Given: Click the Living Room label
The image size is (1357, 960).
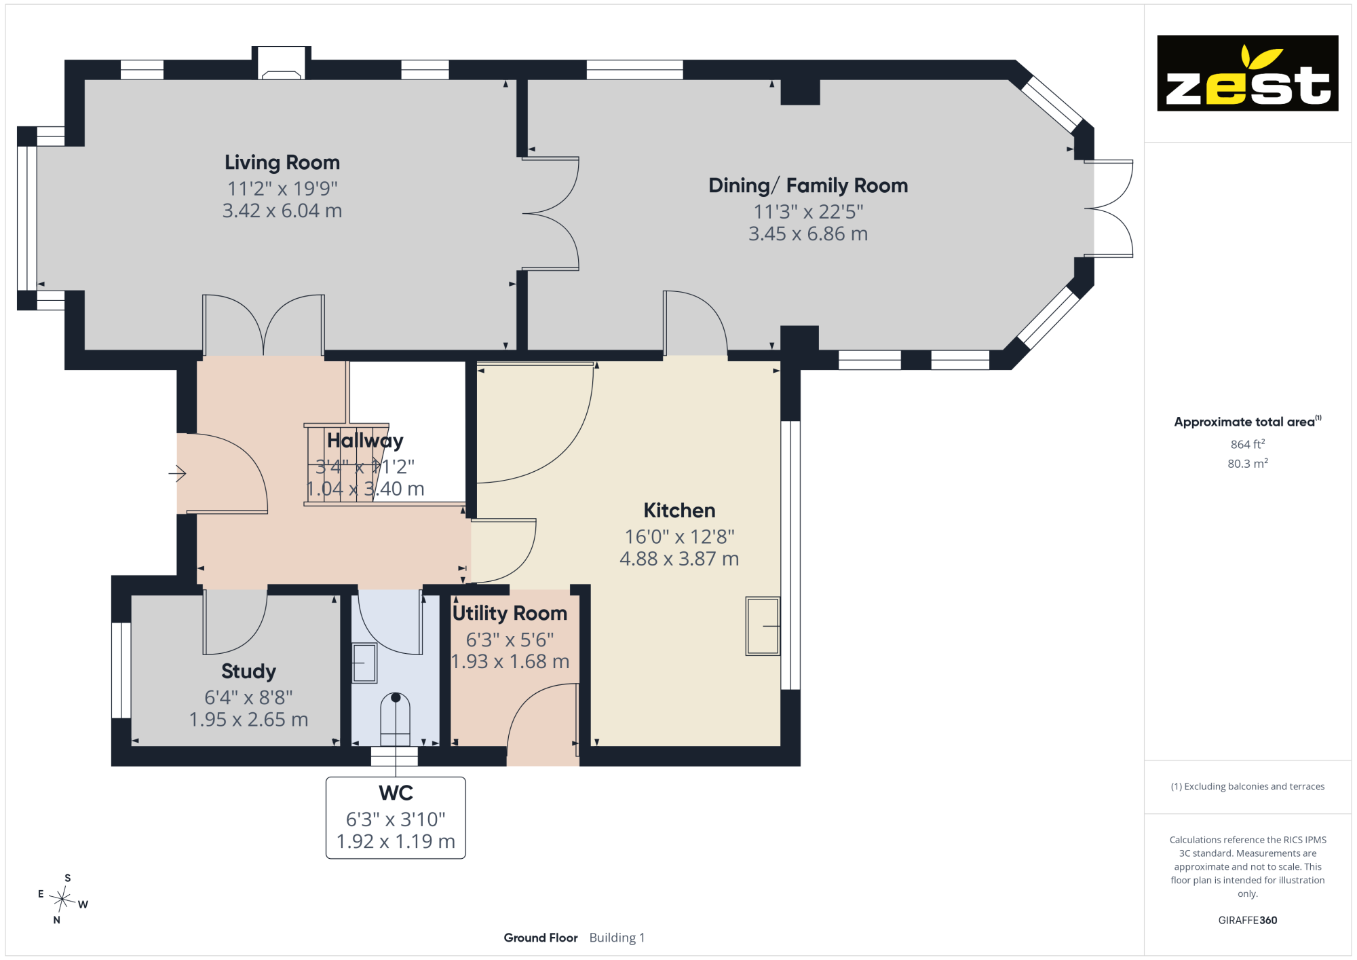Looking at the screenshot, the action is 282,163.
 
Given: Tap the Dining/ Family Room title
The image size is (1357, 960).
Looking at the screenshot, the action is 808,185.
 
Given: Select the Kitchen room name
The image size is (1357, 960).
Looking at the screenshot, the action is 679,511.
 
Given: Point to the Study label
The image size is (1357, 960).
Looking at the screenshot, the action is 248,671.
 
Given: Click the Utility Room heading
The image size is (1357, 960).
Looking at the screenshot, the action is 510,613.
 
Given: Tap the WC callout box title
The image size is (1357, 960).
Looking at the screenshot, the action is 396,793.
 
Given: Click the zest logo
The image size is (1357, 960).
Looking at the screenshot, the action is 1248,73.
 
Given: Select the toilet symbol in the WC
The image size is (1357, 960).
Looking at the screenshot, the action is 396,720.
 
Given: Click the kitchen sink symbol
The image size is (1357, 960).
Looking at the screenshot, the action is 763,626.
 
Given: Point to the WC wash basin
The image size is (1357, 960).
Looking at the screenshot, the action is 364,663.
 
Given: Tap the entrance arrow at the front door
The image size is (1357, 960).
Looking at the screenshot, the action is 177,473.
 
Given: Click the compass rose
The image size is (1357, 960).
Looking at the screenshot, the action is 62,900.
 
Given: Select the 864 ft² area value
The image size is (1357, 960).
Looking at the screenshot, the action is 1248,444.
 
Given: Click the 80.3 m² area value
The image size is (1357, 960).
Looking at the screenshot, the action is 1248,464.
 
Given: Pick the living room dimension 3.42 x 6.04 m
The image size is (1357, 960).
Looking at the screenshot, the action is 282,210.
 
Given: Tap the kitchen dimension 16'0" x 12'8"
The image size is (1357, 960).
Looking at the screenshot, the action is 679,537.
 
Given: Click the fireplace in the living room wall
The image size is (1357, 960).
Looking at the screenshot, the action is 282,64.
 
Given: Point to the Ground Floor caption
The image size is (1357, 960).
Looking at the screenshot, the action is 541,938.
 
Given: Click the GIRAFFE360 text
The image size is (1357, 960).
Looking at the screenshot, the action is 1248,921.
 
